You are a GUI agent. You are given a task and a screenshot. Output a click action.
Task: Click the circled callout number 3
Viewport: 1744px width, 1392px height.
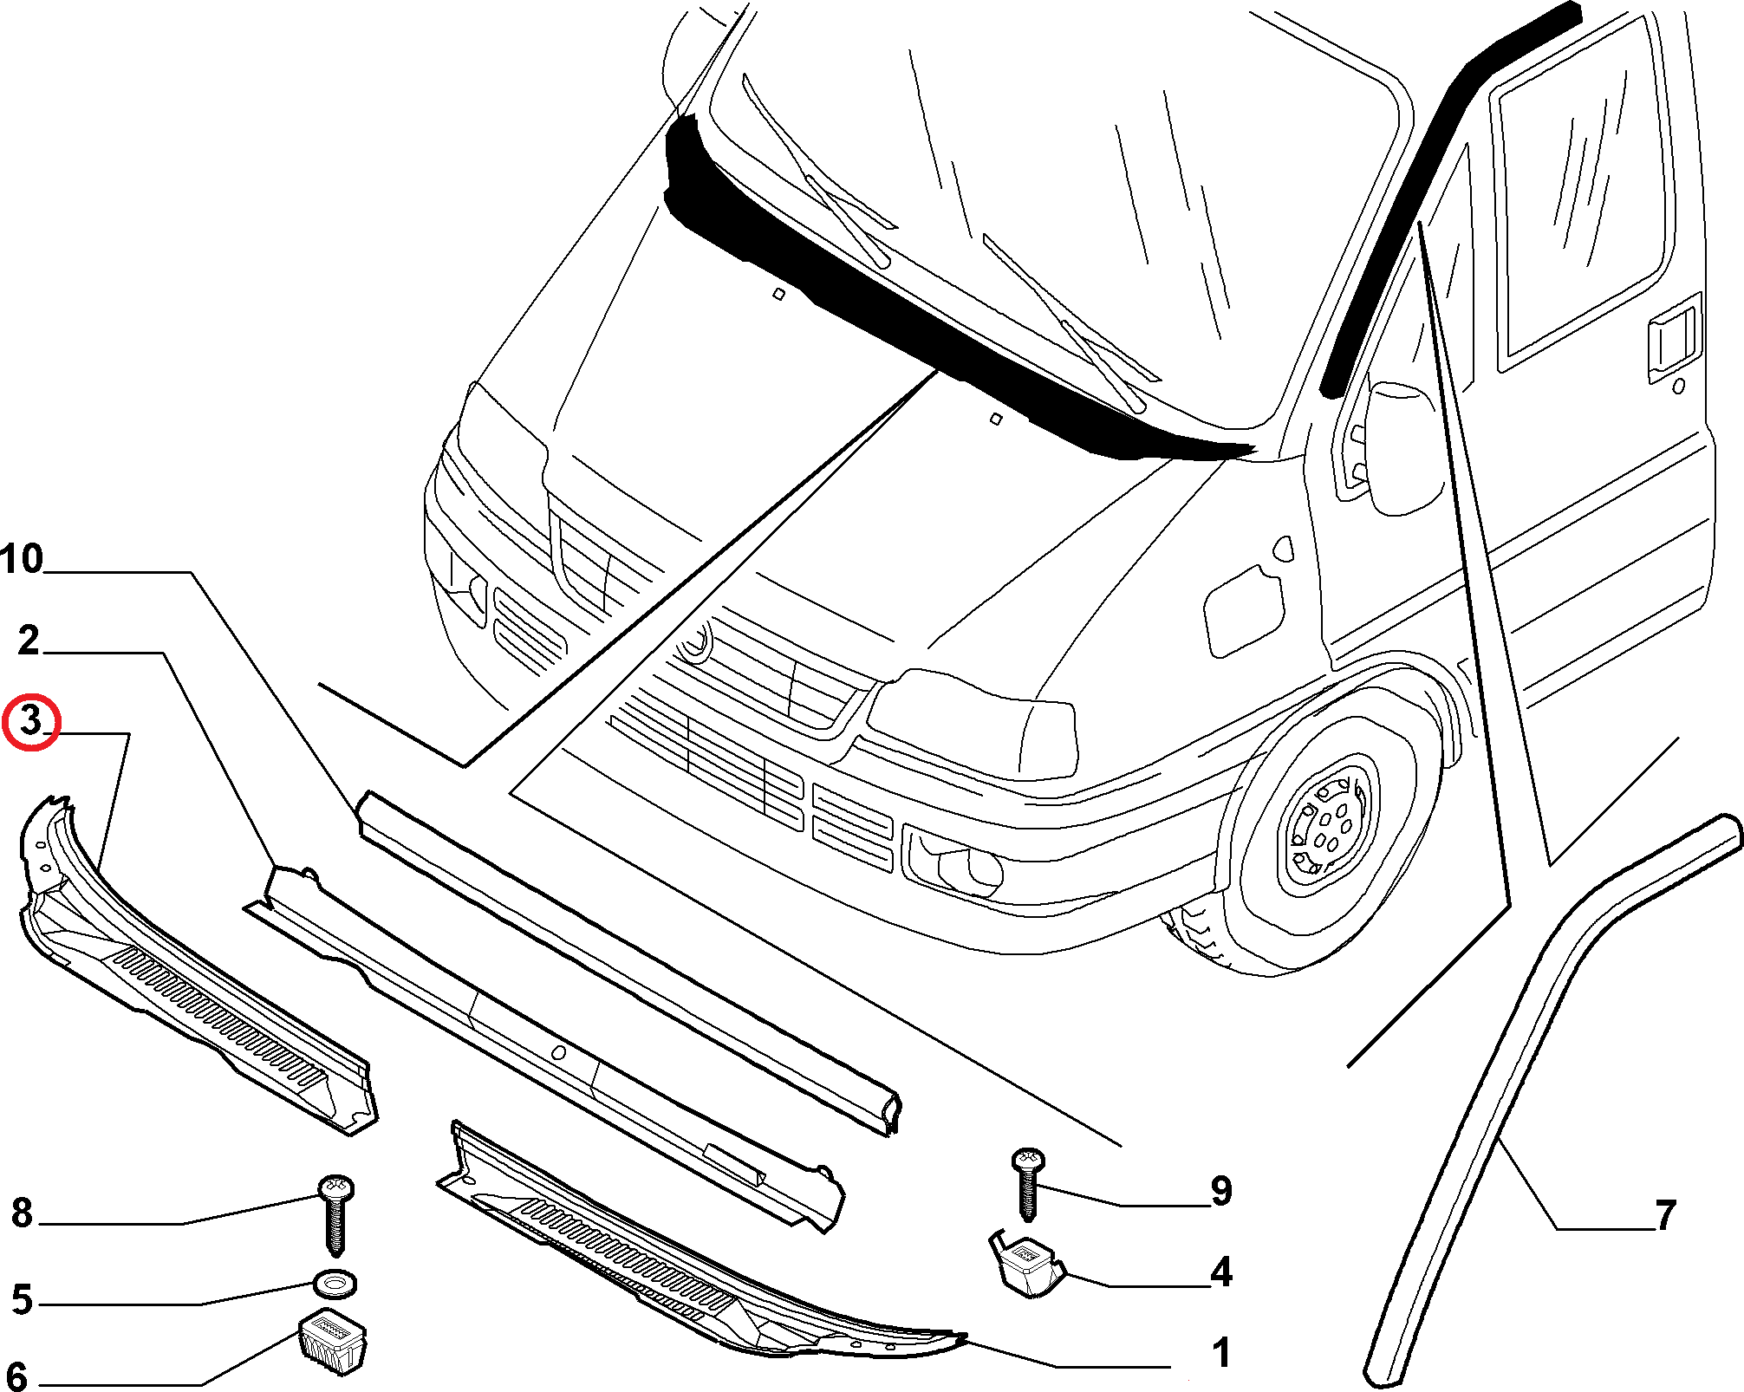point(30,721)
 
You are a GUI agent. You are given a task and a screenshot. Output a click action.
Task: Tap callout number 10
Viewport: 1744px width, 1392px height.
point(22,559)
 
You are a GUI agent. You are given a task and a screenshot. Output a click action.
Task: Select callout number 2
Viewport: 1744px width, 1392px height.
point(29,641)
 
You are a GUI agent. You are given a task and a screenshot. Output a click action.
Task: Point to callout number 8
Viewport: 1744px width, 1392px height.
point(23,1213)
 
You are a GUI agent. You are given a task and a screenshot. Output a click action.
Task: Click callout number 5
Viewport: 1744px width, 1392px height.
point(23,1299)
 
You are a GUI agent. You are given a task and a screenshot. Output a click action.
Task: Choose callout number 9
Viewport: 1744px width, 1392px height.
point(1221,1190)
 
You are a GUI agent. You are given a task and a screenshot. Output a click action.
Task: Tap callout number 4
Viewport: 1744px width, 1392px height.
point(1221,1272)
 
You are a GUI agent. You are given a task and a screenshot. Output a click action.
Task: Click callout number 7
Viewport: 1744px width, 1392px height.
point(1665,1214)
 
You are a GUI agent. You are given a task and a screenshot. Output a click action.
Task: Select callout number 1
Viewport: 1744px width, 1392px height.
point(1221,1352)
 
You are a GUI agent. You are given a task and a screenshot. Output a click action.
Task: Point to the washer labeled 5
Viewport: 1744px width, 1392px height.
point(335,1283)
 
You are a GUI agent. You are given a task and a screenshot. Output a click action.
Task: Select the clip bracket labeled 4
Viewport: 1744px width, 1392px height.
point(1027,1264)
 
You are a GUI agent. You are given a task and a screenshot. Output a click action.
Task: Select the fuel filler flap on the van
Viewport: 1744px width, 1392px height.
point(1243,610)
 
